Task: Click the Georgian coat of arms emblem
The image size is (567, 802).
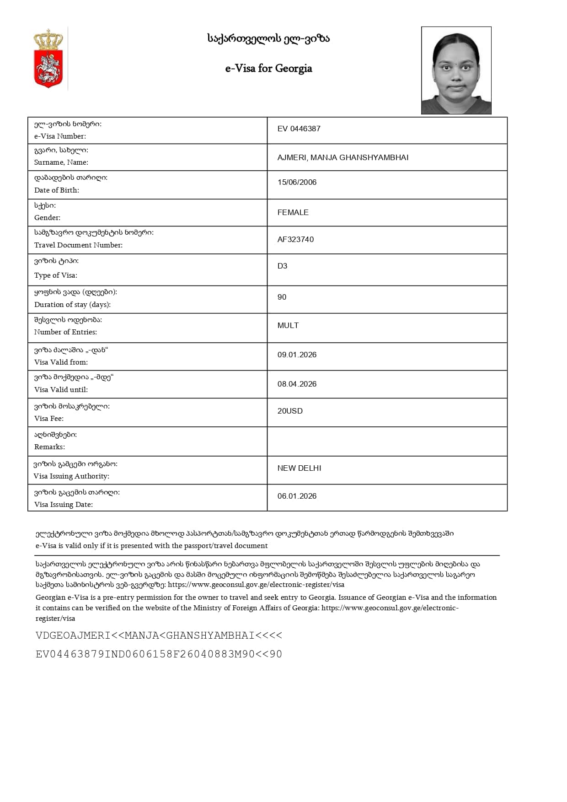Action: (x=48, y=58)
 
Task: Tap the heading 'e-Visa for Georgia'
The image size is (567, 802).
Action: (x=268, y=69)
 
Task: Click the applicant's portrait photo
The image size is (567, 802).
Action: (x=456, y=70)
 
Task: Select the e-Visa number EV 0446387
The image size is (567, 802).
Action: (x=299, y=129)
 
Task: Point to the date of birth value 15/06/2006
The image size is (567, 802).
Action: (x=297, y=182)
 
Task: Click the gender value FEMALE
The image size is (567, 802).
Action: (x=293, y=212)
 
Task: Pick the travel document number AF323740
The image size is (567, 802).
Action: (x=295, y=239)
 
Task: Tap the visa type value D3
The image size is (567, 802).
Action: (x=282, y=266)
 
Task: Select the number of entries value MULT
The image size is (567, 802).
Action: (x=288, y=325)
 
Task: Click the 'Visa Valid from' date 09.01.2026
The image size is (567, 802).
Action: (x=297, y=355)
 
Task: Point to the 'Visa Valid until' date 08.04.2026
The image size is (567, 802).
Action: (x=297, y=384)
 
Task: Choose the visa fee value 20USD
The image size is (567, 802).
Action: (x=290, y=411)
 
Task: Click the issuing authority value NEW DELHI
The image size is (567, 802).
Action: (x=299, y=468)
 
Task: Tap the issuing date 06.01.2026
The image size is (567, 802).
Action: (x=297, y=496)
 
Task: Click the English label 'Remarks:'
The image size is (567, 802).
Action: (x=49, y=447)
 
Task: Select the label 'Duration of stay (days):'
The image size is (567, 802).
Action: (x=72, y=305)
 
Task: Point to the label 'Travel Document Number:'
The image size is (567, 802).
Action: (x=78, y=245)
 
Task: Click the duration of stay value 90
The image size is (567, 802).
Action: (x=282, y=297)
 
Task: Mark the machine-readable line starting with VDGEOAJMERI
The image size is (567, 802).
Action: (x=159, y=635)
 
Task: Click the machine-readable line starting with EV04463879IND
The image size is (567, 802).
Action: (x=159, y=654)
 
